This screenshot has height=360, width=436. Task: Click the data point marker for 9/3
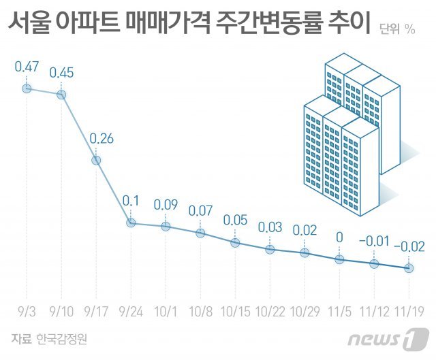[x=27, y=88]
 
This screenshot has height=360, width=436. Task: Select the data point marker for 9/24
[x=131, y=223]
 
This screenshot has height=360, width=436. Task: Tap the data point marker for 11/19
[x=409, y=268]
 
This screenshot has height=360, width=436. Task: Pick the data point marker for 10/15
[x=235, y=242]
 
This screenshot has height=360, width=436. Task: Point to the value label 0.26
[x=96, y=139]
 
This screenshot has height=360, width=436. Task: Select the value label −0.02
[x=409, y=247]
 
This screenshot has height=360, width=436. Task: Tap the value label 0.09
[x=166, y=204]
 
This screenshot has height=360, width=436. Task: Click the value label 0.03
[x=270, y=227]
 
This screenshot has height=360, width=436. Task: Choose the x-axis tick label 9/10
[x=61, y=312]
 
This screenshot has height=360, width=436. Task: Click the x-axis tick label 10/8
[x=200, y=312]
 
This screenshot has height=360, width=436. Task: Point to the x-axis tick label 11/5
[x=339, y=312]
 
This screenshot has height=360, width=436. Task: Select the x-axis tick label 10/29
[x=305, y=312]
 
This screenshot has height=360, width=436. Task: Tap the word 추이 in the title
[x=348, y=26]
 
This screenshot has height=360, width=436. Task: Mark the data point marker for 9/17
[x=96, y=160]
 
